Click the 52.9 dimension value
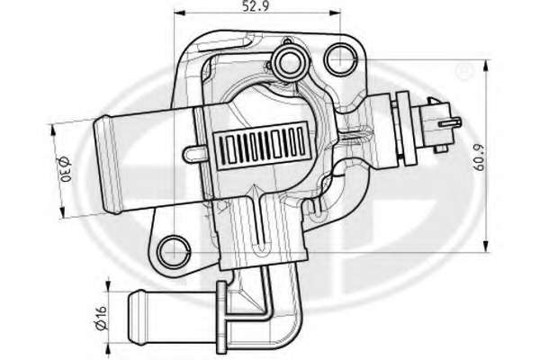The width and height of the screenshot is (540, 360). click(256, 6)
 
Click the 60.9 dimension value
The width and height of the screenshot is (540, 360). click(479, 157)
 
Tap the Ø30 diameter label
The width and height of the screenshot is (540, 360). click(64, 169)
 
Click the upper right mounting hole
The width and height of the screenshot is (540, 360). click(340, 59)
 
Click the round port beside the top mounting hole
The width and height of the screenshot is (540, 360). click(290, 63)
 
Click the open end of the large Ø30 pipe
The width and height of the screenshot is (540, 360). click(106, 165)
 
